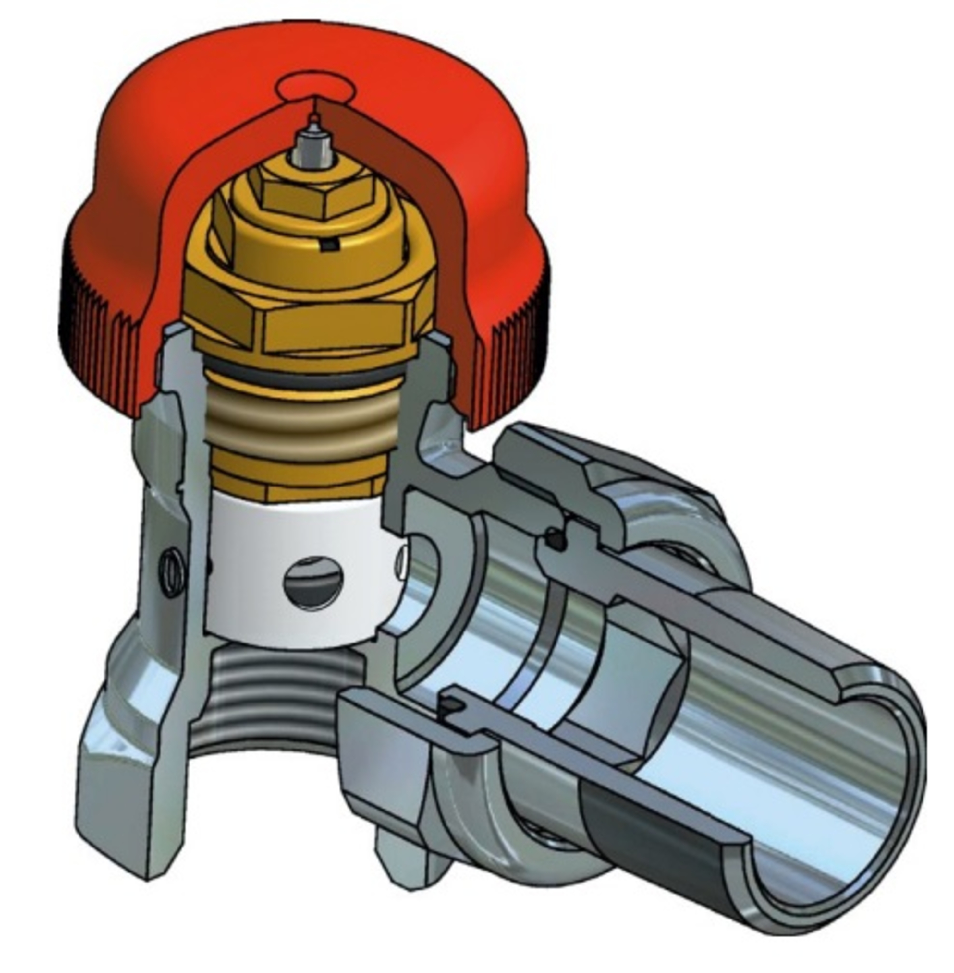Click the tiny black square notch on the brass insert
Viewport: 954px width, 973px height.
(329, 245)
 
